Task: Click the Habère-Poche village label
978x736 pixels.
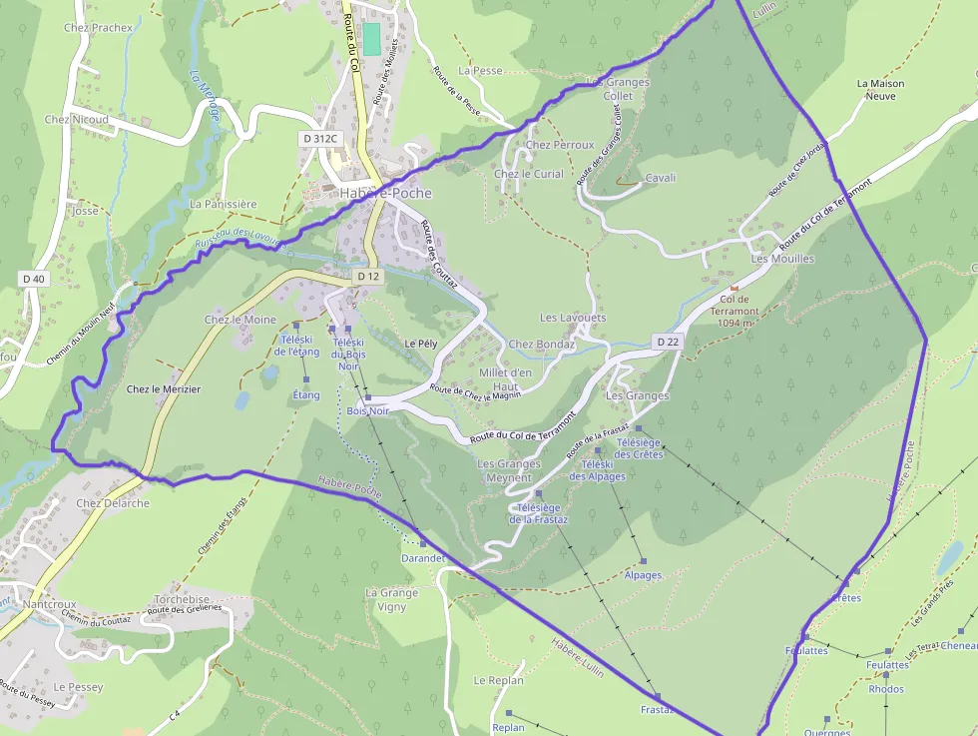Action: [385, 193]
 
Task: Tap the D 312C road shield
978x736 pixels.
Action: [319, 138]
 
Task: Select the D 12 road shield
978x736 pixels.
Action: [367, 276]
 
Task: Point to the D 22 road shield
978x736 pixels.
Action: [668, 342]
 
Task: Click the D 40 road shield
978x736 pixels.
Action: [34, 278]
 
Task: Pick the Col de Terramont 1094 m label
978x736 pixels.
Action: [734, 311]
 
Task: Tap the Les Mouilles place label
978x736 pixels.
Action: [782, 259]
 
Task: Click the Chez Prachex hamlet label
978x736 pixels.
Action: [98, 28]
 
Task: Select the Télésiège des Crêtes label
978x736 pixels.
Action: [639, 448]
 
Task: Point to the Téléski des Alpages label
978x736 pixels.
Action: [598, 470]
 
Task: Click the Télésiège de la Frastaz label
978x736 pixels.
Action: [539, 513]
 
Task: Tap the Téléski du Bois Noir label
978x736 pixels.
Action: [348, 354]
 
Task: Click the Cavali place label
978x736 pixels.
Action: [661, 178]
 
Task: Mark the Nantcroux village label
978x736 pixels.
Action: [49, 604]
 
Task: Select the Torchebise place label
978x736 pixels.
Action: [182, 600]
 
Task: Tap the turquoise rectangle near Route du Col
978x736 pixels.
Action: [371, 39]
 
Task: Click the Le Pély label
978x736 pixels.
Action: [421, 344]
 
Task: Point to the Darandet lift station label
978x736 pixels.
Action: [422, 558]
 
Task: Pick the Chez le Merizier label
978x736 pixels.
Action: [164, 389]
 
